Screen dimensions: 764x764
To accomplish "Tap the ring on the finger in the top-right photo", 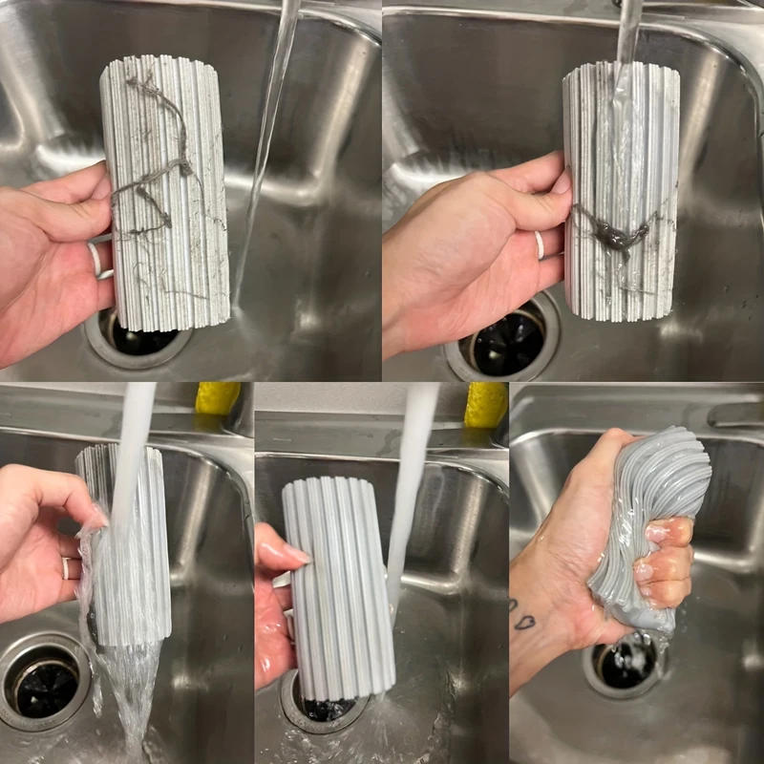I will (540, 244).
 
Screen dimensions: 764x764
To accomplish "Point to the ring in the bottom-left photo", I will (65, 568).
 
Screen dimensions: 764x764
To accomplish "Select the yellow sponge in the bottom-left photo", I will (218, 398).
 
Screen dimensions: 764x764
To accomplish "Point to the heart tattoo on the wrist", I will (524, 621).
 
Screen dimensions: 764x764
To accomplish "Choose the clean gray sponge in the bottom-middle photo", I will (339, 583).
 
